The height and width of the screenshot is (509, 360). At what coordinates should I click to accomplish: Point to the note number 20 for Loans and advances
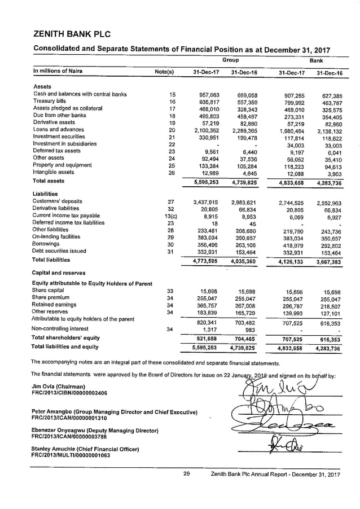[173, 130]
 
